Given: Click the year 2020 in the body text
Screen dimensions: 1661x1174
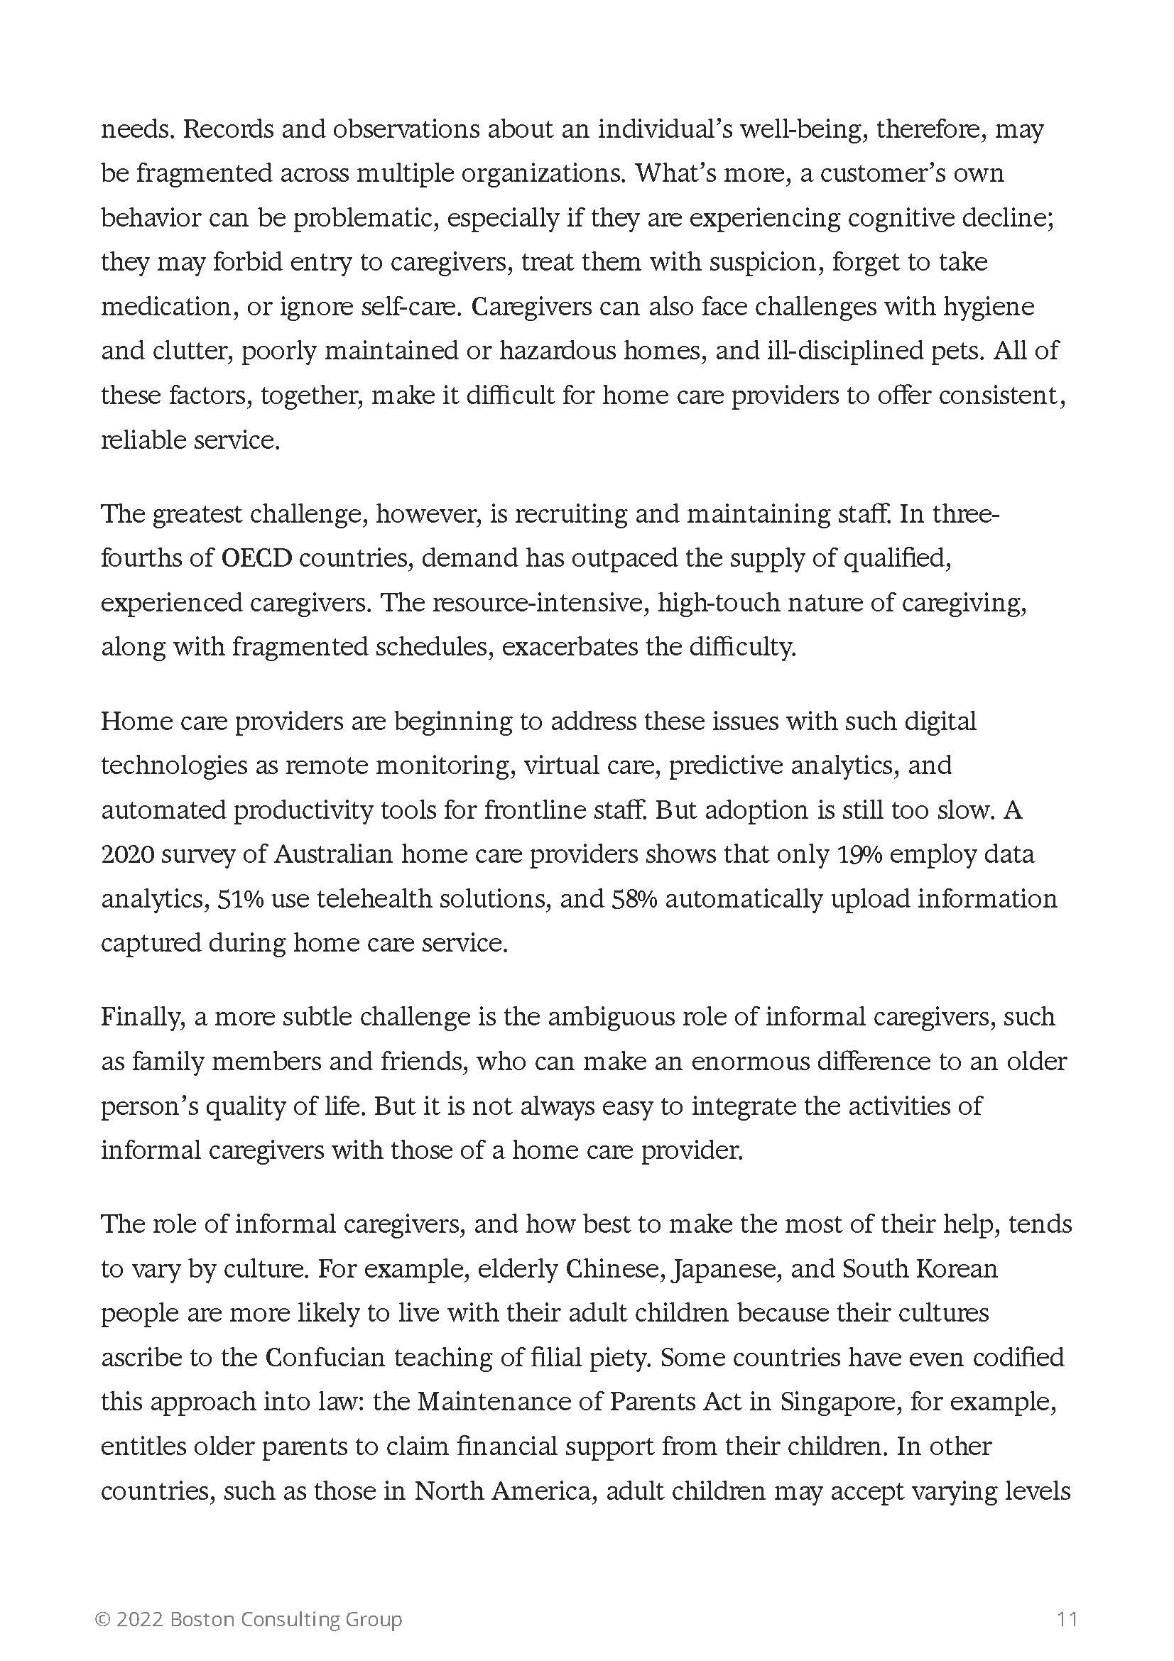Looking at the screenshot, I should tap(127, 854).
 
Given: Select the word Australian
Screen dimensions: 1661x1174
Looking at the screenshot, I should tap(333, 854).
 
